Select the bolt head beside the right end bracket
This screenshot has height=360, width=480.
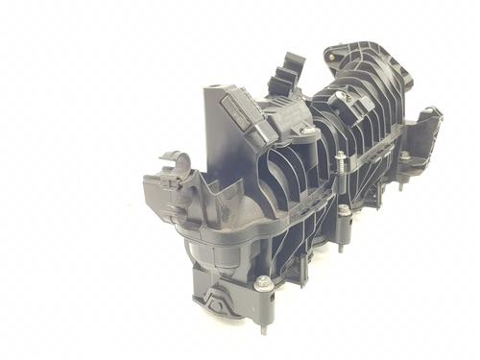pos(405,156)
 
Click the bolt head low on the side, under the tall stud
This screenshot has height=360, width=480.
pos(344,208)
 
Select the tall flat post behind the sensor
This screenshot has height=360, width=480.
pos(213,115)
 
